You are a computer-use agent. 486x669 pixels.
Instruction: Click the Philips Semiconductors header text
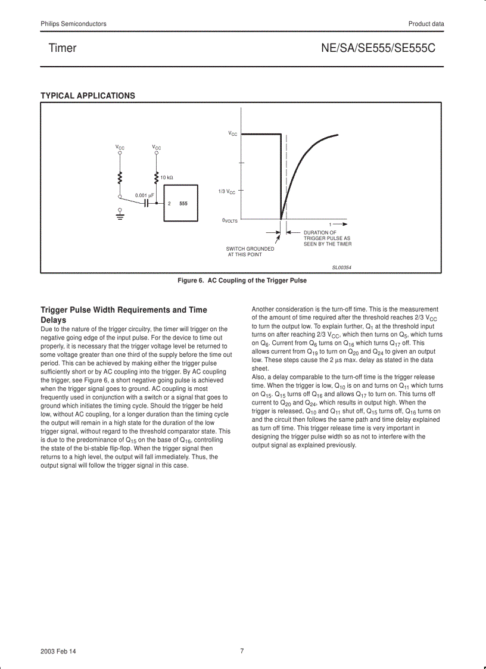(x=73, y=24)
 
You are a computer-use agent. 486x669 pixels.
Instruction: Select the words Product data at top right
(x=426, y=24)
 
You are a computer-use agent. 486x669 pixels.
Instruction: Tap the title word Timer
(x=63, y=48)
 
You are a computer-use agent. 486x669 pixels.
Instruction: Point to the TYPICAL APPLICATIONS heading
(x=88, y=95)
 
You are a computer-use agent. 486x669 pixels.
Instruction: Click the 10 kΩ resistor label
(x=166, y=178)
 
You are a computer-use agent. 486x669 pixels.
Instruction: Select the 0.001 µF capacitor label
(x=145, y=195)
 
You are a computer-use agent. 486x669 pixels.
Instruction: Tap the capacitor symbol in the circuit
(x=146, y=203)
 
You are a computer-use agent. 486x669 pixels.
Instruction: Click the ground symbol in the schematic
(x=120, y=214)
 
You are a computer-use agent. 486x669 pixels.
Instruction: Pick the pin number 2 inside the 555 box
(x=169, y=204)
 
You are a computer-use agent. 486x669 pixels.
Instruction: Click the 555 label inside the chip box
(x=183, y=204)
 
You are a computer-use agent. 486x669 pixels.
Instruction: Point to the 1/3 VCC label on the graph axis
(x=226, y=191)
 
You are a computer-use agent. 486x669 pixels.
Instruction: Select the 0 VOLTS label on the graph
(x=230, y=220)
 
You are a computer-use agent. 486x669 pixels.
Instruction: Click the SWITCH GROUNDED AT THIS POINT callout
(x=250, y=251)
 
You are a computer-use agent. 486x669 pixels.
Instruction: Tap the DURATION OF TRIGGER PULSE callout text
(x=327, y=238)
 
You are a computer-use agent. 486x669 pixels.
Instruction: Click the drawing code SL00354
(x=342, y=267)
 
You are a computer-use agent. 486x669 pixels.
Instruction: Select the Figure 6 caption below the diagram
(x=242, y=281)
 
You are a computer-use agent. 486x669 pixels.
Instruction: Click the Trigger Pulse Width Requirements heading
(x=124, y=315)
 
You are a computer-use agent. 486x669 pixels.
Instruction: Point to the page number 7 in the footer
(x=242, y=651)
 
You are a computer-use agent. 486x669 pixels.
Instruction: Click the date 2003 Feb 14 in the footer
(x=58, y=651)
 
